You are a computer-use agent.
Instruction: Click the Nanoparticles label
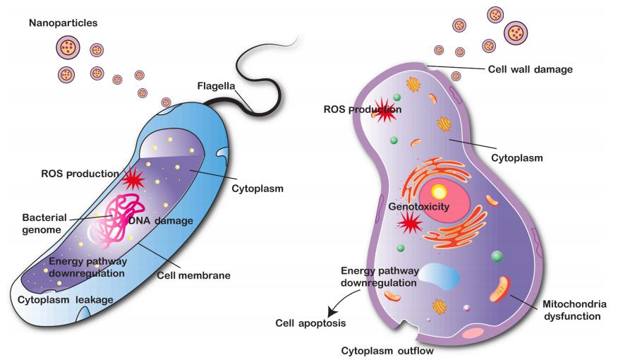coord(63,23)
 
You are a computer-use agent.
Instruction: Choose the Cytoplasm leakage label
coord(73,299)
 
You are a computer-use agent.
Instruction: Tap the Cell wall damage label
coord(530,69)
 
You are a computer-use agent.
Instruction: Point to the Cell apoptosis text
coord(310,323)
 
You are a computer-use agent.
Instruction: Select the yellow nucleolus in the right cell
coord(439,191)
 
